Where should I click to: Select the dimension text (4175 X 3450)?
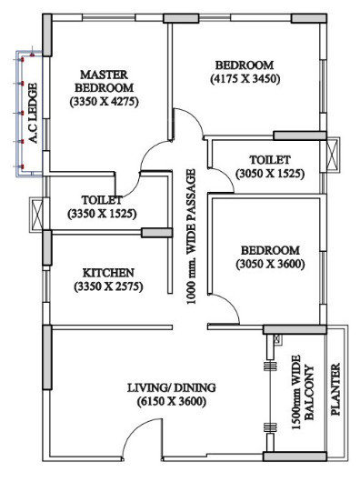click(244, 79)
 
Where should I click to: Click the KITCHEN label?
click(108, 272)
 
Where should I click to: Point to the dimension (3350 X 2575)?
click(108, 286)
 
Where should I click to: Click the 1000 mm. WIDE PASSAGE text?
click(191, 235)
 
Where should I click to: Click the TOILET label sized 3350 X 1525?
click(102, 198)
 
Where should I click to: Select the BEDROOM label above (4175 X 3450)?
click(244, 65)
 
